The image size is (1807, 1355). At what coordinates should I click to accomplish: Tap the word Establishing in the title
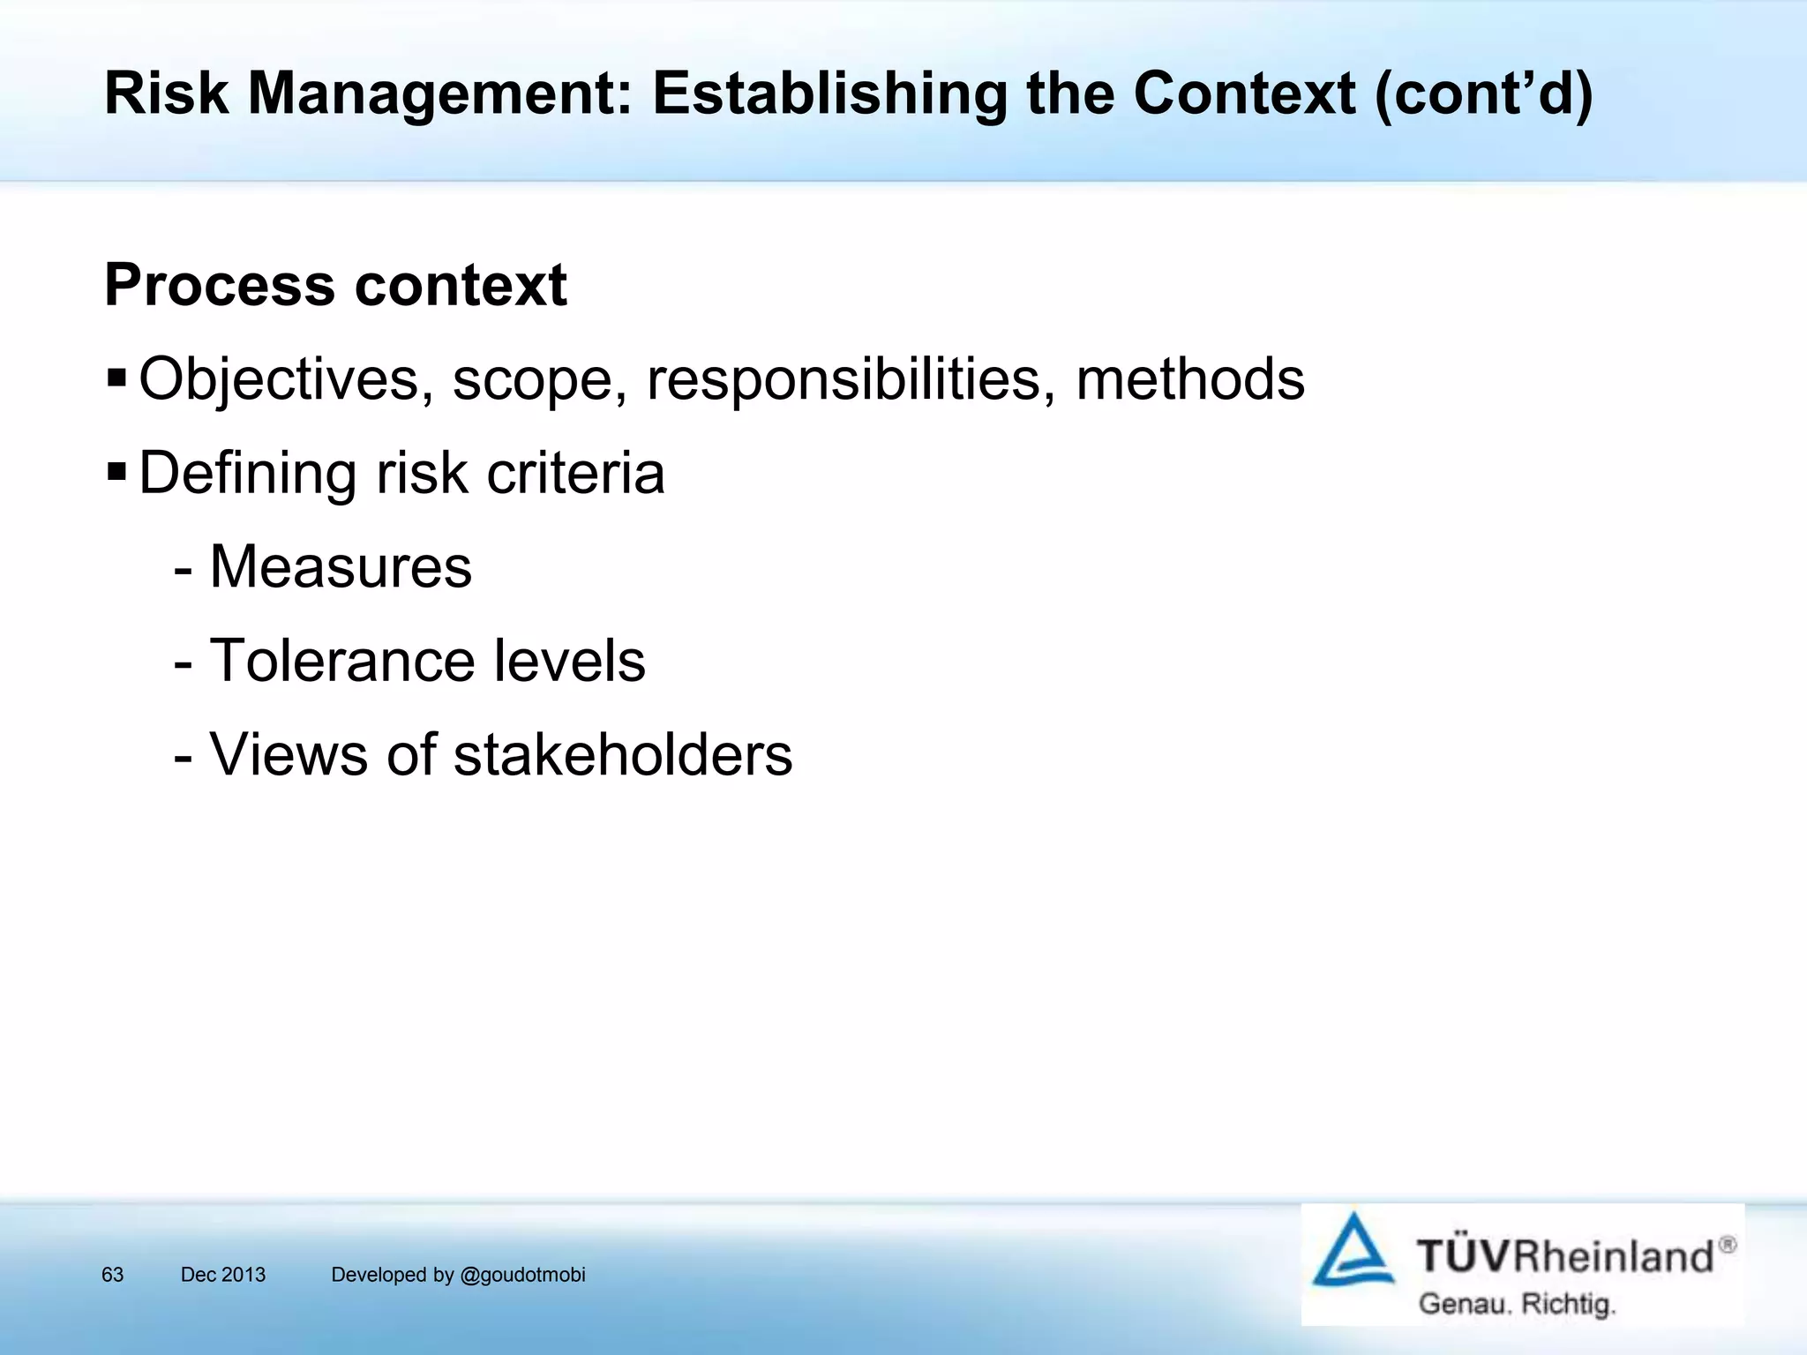[x=829, y=93]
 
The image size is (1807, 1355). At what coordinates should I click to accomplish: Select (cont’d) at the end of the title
[x=1483, y=93]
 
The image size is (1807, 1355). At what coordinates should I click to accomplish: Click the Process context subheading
[x=335, y=285]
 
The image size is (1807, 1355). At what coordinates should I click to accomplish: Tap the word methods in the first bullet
[x=1189, y=379]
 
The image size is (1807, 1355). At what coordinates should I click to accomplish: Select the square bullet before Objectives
[x=116, y=378]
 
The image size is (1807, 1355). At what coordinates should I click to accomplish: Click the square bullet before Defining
[x=116, y=473]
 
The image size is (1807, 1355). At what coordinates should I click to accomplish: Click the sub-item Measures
[x=341, y=566]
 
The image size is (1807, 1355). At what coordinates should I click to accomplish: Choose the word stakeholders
[x=623, y=755]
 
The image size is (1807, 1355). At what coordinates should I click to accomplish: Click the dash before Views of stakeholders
[x=184, y=757]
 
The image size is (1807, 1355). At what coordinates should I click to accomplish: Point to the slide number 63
[x=112, y=1275]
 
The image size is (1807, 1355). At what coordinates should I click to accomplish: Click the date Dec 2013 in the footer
[x=222, y=1275]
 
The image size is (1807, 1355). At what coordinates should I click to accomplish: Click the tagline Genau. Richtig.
[x=1516, y=1304]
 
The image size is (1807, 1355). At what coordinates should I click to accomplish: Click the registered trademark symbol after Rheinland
[x=1728, y=1245]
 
